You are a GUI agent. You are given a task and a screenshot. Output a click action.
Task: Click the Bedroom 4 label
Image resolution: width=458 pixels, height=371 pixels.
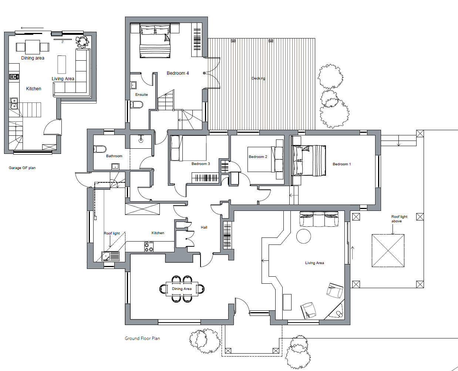click(178, 73)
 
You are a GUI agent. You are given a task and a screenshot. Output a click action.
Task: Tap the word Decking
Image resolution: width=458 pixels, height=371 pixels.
click(258, 78)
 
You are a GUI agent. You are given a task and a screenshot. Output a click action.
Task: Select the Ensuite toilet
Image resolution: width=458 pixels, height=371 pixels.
click(137, 105)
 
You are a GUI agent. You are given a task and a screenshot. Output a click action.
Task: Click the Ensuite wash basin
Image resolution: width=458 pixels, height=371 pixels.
click(133, 85)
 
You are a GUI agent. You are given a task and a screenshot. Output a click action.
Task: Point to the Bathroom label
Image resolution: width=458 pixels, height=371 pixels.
click(114, 156)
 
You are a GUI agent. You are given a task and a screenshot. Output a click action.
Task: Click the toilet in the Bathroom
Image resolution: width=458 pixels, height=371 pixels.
click(100, 149)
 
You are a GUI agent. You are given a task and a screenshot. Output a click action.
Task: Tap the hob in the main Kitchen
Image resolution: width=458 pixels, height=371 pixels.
click(149, 247)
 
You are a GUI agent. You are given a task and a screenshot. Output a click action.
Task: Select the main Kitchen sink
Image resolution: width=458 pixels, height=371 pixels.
click(111, 256)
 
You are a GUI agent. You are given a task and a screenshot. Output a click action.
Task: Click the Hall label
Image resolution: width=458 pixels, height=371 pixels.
click(204, 227)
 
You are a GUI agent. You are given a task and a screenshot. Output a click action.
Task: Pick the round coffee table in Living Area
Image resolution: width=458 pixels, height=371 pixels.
click(303, 236)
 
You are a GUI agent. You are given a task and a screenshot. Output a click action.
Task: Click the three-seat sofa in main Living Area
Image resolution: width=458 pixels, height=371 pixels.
click(319, 219)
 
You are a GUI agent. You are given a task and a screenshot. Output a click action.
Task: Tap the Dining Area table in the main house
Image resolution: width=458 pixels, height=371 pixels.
click(182, 289)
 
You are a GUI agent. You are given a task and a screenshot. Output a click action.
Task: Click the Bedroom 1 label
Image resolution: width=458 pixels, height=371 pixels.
click(342, 164)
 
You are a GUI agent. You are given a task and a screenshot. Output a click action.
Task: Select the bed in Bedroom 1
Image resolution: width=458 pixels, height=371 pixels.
click(309, 161)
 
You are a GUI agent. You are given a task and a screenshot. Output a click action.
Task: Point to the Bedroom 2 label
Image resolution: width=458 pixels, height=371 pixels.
click(258, 157)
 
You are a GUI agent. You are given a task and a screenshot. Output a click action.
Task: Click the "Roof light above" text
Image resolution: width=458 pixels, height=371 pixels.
click(399, 219)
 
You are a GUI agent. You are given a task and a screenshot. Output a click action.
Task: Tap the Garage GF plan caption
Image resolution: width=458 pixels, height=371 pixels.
click(22, 168)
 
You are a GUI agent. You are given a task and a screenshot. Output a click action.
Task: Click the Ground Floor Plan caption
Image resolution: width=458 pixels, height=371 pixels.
click(142, 338)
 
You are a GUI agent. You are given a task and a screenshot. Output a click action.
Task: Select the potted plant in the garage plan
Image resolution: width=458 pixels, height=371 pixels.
click(82, 42)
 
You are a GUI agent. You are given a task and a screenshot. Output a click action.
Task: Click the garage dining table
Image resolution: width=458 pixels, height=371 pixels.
click(33, 47)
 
